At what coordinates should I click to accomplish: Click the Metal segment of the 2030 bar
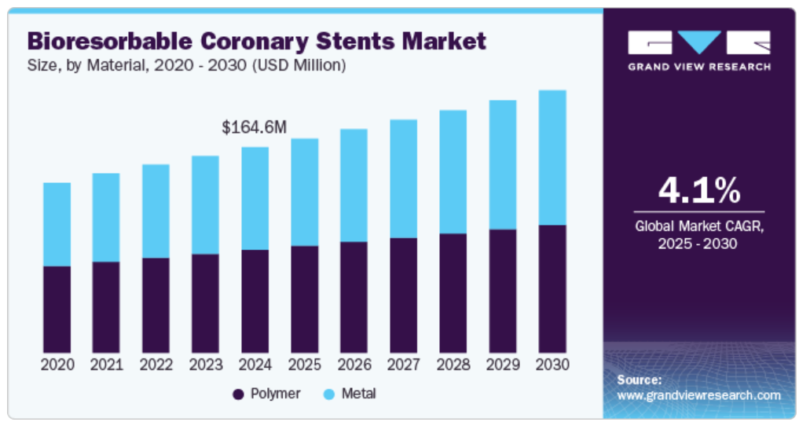point(552,157)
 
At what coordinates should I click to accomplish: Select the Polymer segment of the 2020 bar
point(57,309)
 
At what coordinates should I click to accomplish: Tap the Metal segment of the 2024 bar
point(255,198)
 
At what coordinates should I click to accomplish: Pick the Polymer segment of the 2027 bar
point(403,295)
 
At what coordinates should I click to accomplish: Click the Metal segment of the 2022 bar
point(156,211)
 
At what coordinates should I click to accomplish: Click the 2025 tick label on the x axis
point(304,365)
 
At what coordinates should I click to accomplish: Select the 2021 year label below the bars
point(106,365)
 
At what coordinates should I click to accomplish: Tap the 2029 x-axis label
point(502,365)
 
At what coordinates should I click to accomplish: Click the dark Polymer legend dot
point(237,394)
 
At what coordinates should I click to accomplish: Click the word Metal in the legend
point(358,394)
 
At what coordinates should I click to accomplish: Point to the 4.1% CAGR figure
point(698,191)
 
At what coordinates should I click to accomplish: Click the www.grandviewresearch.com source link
point(698,395)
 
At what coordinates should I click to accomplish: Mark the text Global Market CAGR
point(698,226)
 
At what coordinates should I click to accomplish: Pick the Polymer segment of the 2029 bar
point(502,291)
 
